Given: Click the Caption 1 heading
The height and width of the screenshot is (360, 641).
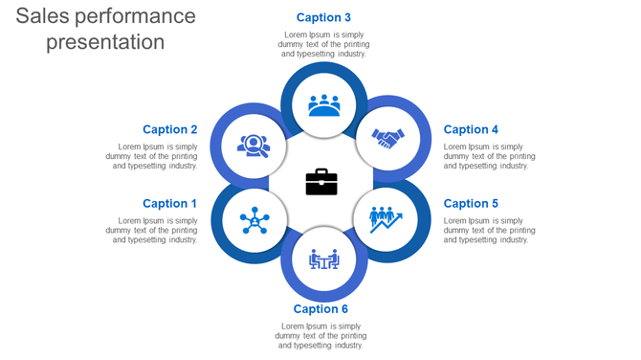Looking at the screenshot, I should pyautogui.click(x=169, y=203).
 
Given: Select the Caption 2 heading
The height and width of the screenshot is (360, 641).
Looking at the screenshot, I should pyautogui.click(x=169, y=129).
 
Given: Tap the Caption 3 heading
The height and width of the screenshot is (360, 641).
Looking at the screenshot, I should pyautogui.click(x=323, y=17).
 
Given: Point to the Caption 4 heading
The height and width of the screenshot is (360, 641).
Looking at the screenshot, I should pyautogui.click(x=471, y=129).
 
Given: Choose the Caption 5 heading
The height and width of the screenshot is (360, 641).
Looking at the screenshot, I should pyautogui.click(x=471, y=203).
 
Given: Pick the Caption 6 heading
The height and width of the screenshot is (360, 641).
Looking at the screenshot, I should pyautogui.click(x=320, y=308).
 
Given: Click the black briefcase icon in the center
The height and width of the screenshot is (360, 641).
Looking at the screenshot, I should pyautogui.click(x=321, y=181).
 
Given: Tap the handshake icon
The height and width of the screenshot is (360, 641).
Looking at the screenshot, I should pyautogui.click(x=387, y=139).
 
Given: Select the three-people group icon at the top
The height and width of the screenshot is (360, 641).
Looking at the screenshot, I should pyautogui.click(x=324, y=104).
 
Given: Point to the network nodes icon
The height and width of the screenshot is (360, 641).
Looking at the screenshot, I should pyautogui.click(x=254, y=220).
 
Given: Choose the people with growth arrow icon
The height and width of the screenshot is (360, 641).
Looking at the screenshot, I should pyautogui.click(x=386, y=219).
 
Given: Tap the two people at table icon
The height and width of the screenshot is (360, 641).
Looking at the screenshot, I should pyautogui.click(x=323, y=259).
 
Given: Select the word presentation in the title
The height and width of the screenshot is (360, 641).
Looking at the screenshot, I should pyautogui.click(x=105, y=42).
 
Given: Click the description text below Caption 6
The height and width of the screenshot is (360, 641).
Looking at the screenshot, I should pyautogui.click(x=320, y=335).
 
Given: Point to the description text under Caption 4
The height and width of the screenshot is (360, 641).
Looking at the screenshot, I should pyautogui.click(x=489, y=156).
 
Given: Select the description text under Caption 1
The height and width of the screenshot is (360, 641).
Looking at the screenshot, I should pyautogui.click(x=152, y=230).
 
